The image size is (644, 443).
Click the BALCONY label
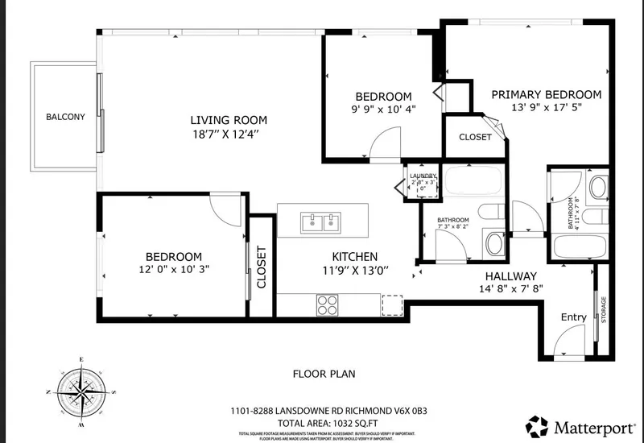point(65,117)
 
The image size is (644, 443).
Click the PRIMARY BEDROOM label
point(547,94)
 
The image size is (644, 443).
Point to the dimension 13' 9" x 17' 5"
point(547,107)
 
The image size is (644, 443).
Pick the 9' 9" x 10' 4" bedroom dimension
point(382,110)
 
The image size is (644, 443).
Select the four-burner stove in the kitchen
point(327,304)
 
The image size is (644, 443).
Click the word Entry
point(573,317)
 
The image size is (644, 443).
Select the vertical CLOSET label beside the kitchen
point(261,267)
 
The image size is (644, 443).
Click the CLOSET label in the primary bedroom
point(475,137)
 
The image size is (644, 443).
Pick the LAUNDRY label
point(423,176)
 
